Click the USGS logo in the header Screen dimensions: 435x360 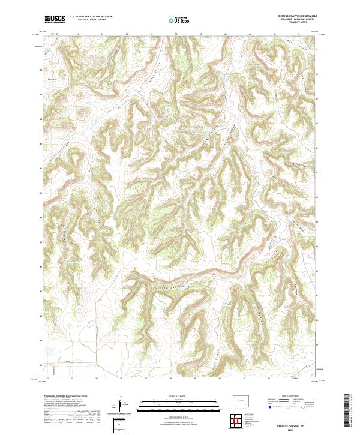pos(55,19)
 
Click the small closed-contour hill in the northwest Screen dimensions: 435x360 pos(81,112)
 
